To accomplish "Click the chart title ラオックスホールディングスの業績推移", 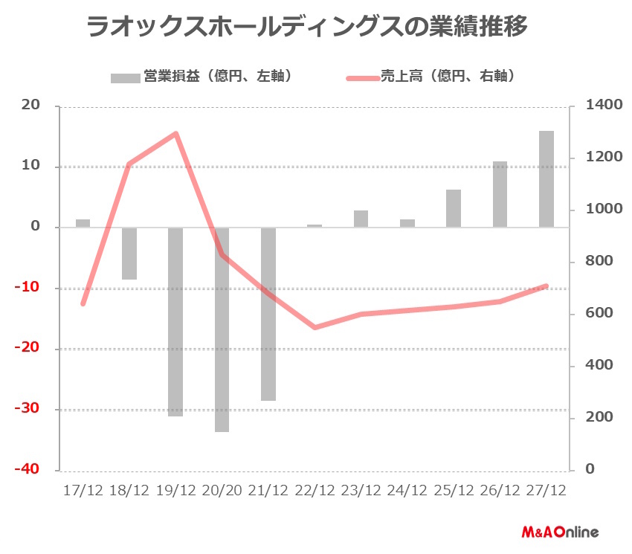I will [x=307, y=28].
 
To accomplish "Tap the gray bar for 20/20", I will [x=222, y=329].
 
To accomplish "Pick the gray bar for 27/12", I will [x=546, y=179].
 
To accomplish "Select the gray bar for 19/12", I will [x=175, y=321].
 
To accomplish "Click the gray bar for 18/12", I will [x=129, y=254].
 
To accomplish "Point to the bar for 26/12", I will [x=500, y=194].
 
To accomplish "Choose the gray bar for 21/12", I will [x=268, y=314].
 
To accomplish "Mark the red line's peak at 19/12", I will [x=175, y=134].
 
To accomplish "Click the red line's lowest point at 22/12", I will [x=315, y=327].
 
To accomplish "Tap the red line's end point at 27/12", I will [x=546, y=286].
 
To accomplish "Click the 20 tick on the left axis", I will [x=31, y=106].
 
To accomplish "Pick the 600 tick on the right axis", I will [x=598, y=314].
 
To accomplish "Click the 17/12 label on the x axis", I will [x=83, y=492].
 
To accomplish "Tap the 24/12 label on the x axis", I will [x=407, y=492].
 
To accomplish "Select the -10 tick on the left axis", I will [x=28, y=288].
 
